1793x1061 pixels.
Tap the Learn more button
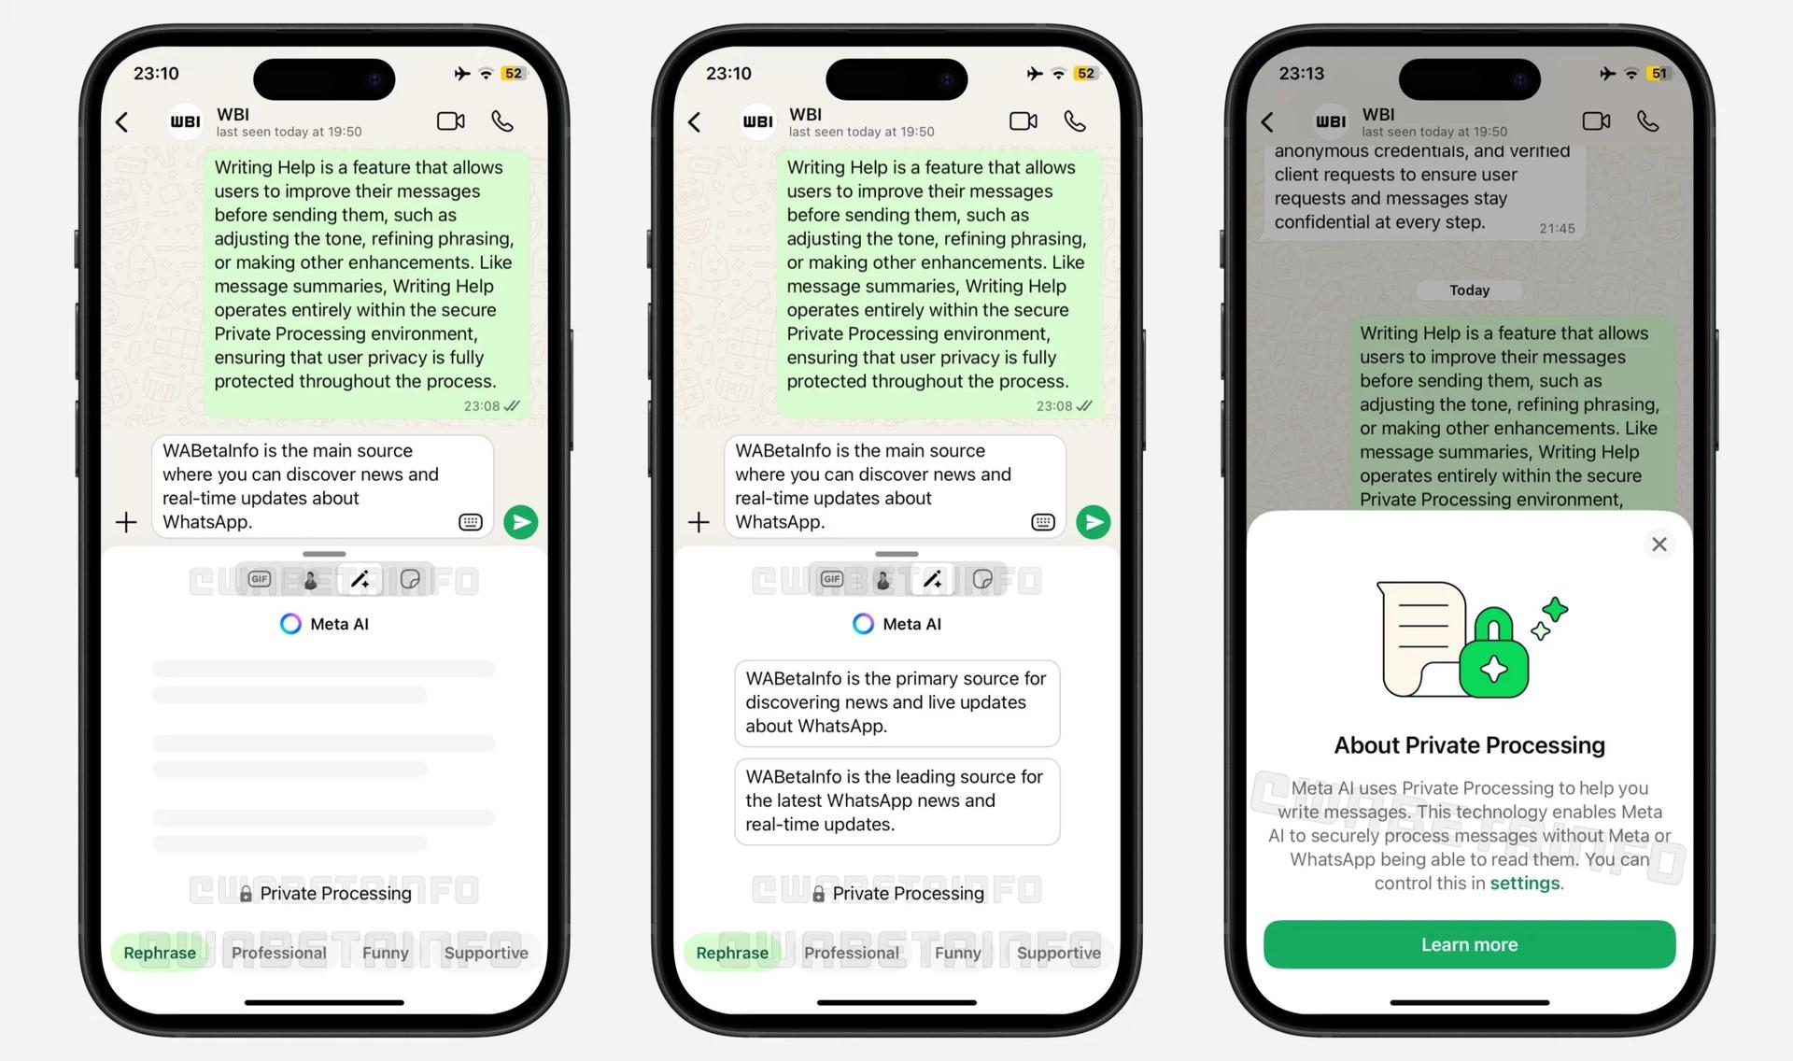[x=1469, y=944]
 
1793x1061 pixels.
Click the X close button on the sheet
[x=1659, y=544]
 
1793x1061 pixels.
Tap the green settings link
[x=1524, y=883]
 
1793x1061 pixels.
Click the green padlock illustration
[x=1494, y=655]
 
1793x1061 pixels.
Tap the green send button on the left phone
[x=520, y=522]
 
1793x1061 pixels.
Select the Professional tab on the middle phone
[x=851, y=953]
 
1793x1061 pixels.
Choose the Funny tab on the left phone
[x=385, y=953]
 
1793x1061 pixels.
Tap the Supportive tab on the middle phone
[x=1058, y=953]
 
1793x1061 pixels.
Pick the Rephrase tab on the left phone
[x=160, y=953]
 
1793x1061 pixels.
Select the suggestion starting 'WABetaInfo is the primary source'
[x=896, y=702]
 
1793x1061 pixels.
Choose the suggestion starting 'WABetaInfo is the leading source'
[x=896, y=800]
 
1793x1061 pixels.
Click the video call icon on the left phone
[x=451, y=121]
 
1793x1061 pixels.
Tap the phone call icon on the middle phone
[x=1075, y=121]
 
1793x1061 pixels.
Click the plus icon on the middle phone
[x=699, y=522]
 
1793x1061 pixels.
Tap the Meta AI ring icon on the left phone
[x=290, y=624]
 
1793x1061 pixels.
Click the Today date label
[x=1469, y=290]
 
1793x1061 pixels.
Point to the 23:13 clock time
[x=1301, y=73]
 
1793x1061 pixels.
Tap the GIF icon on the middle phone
[x=831, y=579]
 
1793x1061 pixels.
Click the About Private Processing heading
[x=1469, y=745]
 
